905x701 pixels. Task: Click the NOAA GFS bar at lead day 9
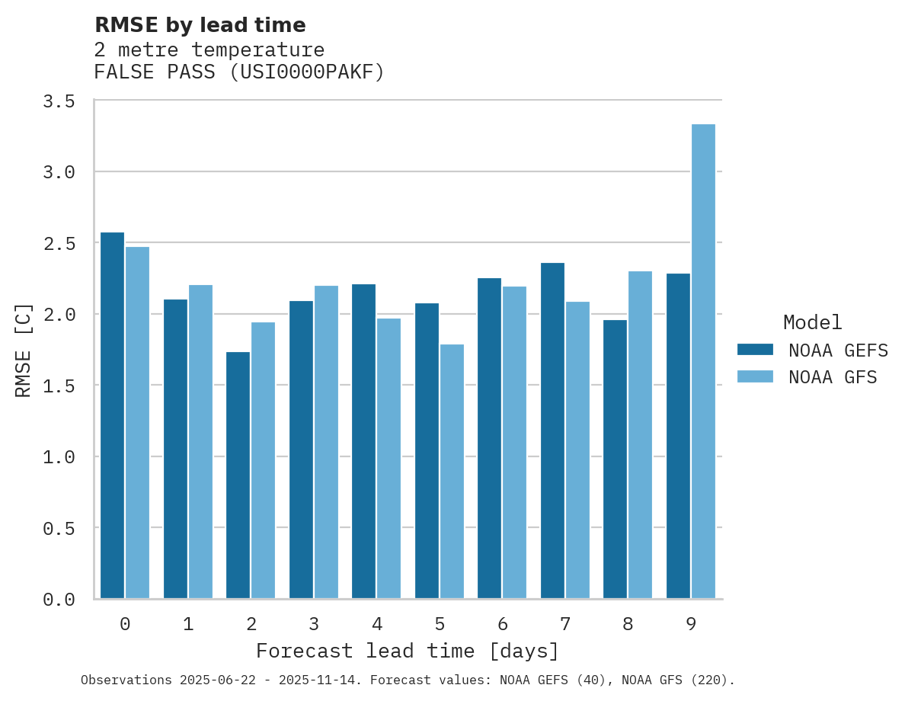[x=703, y=361]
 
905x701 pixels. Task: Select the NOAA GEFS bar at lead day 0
[x=112, y=415]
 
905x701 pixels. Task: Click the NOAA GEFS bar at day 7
[x=552, y=431]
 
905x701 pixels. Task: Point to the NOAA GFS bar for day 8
[x=640, y=434]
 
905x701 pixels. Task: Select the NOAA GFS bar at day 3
[x=326, y=442]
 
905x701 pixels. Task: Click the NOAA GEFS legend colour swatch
[x=755, y=350]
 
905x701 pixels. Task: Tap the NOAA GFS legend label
[x=833, y=377]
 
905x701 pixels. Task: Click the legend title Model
[x=812, y=322]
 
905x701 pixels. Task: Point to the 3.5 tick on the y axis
[x=59, y=101]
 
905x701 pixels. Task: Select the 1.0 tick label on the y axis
[x=59, y=457]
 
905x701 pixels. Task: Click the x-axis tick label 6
[x=503, y=625]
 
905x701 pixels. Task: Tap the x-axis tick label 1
[x=188, y=625]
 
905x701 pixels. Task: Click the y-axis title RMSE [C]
[x=24, y=350]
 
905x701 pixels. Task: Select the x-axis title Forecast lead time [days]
[x=408, y=651]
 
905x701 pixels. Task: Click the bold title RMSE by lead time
[x=200, y=25]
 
